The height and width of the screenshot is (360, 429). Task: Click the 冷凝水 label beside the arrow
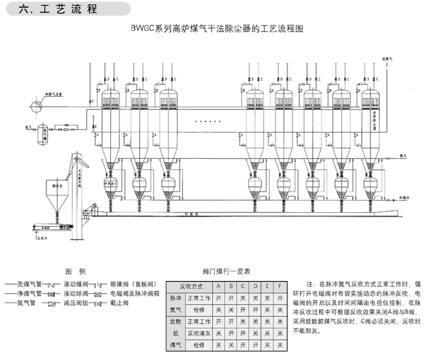[x=406, y=195]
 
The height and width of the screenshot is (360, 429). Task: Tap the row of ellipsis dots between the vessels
[x=210, y=122]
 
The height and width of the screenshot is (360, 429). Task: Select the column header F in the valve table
[x=279, y=286]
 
